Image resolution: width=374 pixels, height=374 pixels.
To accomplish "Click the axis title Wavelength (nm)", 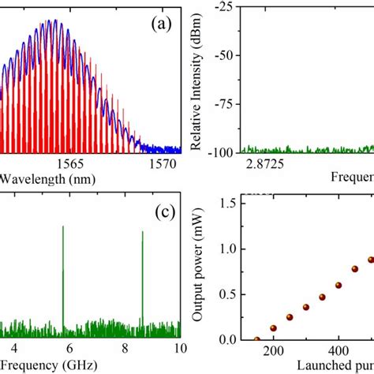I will click(47, 180).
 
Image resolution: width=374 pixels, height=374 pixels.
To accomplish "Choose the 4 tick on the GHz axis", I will click(11, 351).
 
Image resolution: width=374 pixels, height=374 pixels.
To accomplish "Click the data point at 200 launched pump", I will click(273, 328).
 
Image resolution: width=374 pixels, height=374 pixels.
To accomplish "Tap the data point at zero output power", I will click(257, 339).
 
